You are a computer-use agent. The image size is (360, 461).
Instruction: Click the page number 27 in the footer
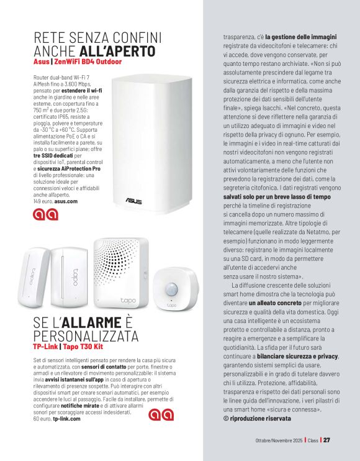326,440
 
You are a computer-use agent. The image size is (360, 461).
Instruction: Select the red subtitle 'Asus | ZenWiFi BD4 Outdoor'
78,62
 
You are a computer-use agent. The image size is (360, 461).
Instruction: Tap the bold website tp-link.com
66,418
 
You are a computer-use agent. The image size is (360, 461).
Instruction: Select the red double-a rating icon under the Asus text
46,214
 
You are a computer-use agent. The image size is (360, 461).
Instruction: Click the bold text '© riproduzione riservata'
256,418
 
